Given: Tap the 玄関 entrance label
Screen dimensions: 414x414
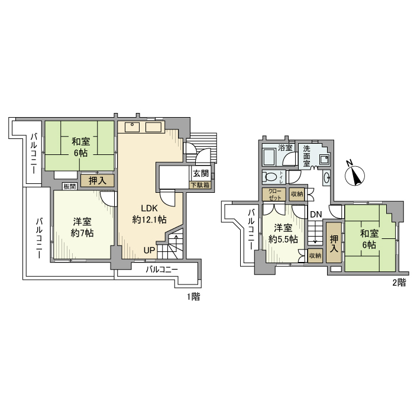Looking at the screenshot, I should (x=200, y=174).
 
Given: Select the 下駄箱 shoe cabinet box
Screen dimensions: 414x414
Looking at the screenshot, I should (x=200, y=185).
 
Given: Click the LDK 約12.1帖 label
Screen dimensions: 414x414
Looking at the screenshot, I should (x=149, y=214).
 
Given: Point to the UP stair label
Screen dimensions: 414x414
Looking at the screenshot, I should (x=150, y=250).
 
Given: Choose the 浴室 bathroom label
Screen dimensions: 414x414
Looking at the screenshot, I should (x=286, y=147).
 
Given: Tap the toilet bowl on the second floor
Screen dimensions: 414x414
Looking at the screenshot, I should (x=271, y=176).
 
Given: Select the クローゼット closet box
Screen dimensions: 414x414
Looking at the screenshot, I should (x=275, y=195).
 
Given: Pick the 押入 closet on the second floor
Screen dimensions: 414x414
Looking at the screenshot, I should (x=334, y=244).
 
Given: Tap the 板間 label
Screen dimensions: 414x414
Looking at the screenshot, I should (x=69, y=187).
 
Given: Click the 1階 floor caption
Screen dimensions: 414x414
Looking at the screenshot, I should (x=193, y=297).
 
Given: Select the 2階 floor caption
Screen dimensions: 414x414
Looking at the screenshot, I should (x=397, y=282).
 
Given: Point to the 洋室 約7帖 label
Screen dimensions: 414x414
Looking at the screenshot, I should (x=82, y=227).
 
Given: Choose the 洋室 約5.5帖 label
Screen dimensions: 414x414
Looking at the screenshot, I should (x=283, y=234).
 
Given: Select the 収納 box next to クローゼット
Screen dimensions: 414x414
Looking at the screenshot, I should (x=297, y=194).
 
